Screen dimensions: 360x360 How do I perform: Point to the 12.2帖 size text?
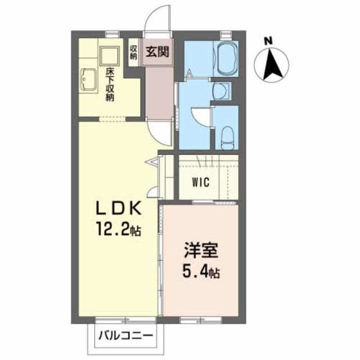pyautogui.click(x=119, y=229)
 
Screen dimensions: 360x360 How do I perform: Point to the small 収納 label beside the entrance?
pyautogui.click(x=134, y=52)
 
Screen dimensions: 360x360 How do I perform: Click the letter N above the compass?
pyautogui.click(x=269, y=40)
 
